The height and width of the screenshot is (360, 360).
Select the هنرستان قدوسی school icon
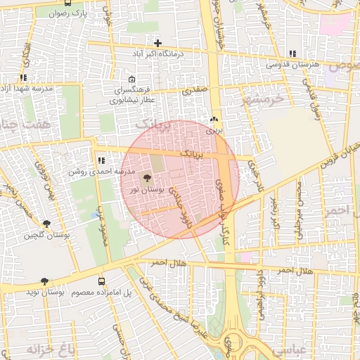[292, 53]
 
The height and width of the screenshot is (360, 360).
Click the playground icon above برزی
[214, 120]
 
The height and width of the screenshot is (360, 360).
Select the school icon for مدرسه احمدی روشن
[101, 161]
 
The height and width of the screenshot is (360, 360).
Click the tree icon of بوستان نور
[147, 179]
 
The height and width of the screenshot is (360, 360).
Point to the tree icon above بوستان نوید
[46, 280]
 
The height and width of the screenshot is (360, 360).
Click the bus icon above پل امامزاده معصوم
[102, 281]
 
